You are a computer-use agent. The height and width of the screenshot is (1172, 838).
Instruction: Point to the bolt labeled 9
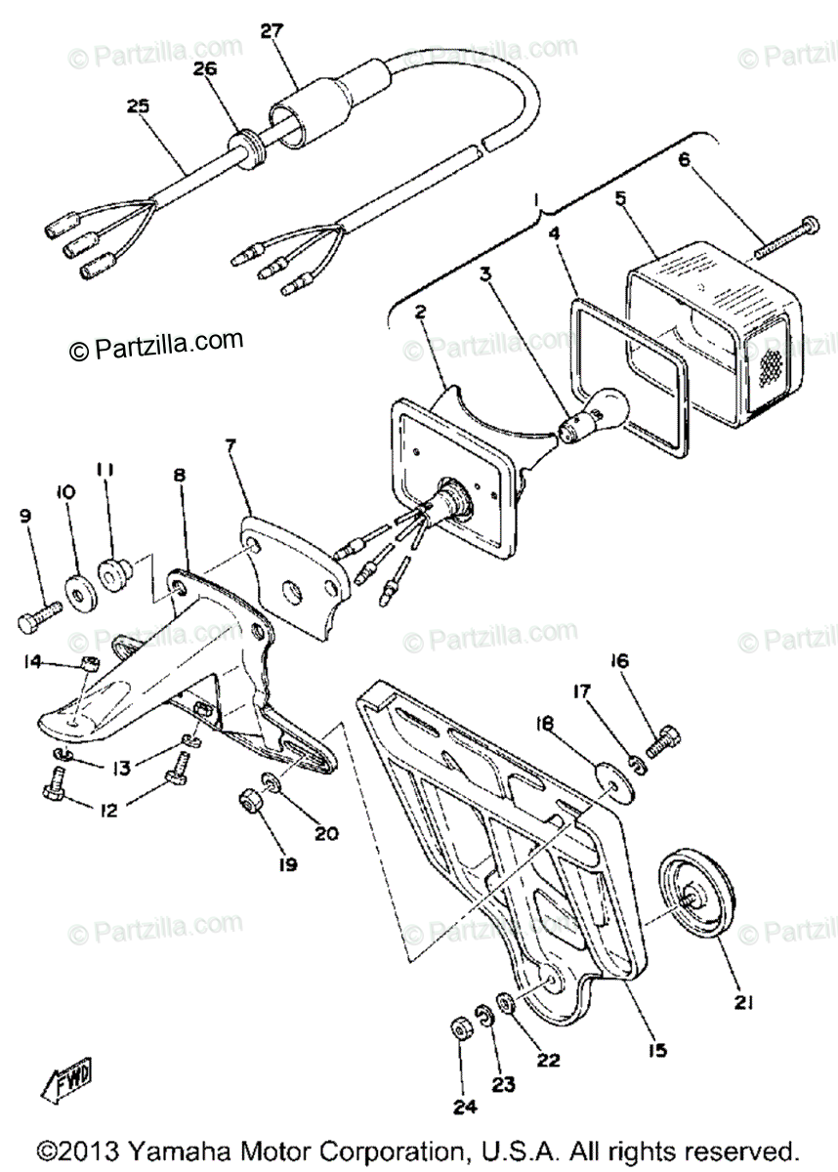[x=40, y=613]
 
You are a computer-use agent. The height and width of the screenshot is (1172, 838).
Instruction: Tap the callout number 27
[x=270, y=29]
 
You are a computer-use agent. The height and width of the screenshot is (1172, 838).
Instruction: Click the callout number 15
[x=657, y=1050]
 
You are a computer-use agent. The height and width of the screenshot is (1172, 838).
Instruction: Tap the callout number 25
[x=139, y=106]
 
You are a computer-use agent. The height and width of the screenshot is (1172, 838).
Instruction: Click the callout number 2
[x=420, y=313]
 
